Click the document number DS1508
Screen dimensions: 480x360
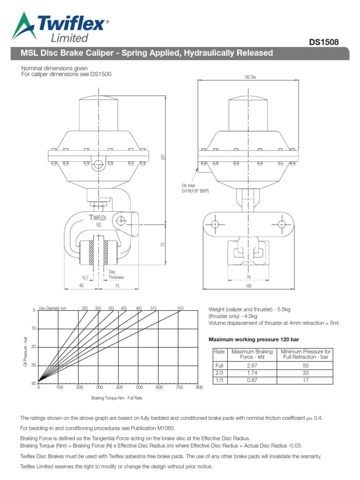pos(323,43)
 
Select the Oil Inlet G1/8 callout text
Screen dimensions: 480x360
pos(195,188)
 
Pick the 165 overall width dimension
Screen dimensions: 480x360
pos(249,285)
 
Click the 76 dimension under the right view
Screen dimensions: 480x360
pos(248,277)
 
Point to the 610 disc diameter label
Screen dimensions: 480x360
pos(180,308)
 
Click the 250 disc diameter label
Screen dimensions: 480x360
pos(85,308)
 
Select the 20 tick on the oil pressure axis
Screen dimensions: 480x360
pos(33,347)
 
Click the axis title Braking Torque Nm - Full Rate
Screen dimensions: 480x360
pos(117,398)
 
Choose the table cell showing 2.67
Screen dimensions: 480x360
pos(252,365)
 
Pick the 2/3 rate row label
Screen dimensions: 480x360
pos(219,373)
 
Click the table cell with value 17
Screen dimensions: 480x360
pos(305,380)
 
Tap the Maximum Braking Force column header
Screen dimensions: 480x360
pos(252,354)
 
